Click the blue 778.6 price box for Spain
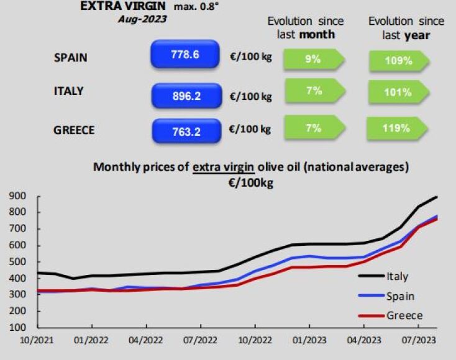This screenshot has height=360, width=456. (185, 55)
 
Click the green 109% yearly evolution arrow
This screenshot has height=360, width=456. (398, 61)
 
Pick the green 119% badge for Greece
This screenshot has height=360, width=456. (396, 129)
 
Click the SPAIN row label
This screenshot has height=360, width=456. (70, 58)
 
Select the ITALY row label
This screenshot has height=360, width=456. (68, 91)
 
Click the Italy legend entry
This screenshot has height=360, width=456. (396, 276)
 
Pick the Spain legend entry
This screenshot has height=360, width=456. (399, 296)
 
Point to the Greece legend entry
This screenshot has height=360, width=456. (404, 315)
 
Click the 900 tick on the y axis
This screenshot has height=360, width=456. (17, 197)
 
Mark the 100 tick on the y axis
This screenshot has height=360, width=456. (17, 327)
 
